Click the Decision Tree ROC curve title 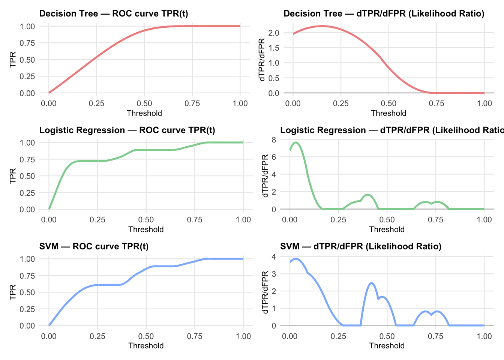click(114, 14)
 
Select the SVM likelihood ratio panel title click(361, 246)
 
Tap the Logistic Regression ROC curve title click(127, 130)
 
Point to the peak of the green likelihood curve click(296, 142)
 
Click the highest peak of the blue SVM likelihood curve click(296, 258)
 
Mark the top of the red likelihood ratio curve click(322, 26)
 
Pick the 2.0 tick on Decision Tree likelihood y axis click(274, 33)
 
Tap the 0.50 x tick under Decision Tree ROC click(144, 103)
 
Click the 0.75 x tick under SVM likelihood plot click(435, 336)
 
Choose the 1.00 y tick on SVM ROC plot click(27, 259)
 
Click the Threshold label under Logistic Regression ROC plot click(146, 229)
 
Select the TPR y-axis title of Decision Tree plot click(13, 60)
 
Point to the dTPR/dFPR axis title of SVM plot click(265, 292)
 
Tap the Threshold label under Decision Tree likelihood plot click(388, 113)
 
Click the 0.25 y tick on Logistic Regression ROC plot click(27, 193)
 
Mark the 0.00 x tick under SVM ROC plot click(49, 336)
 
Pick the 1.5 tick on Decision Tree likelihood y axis click(274, 48)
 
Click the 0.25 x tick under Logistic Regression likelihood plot click(338, 220)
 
